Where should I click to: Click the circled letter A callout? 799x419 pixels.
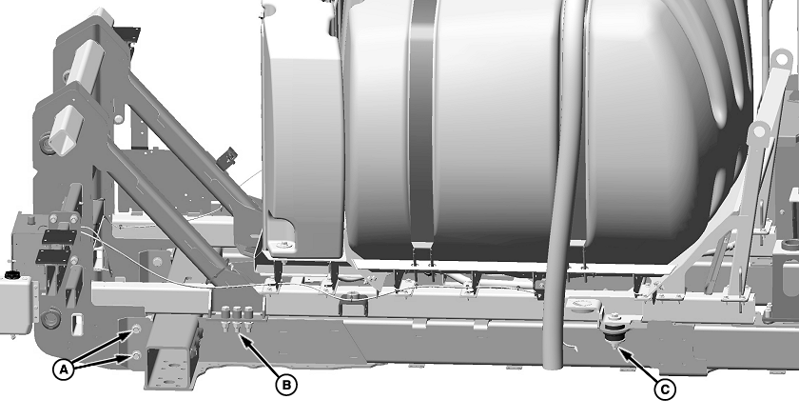coord(63,369)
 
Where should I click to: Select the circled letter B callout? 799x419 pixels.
coord(286,385)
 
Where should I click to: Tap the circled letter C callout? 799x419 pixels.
coord(665,390)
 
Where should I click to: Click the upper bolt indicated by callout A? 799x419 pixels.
coord(136,330)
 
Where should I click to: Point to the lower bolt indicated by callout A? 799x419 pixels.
coord(136,355)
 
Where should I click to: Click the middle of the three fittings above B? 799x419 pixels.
coord(237,317)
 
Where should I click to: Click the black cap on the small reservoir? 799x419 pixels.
coord(11,275)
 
